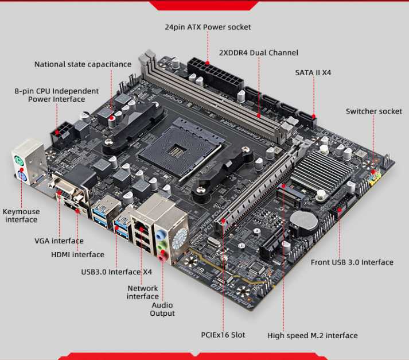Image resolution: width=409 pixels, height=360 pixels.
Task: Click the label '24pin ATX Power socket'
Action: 208,27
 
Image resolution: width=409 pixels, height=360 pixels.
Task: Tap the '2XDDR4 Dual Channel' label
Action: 259,53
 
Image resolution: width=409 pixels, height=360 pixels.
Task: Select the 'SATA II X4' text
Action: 313,73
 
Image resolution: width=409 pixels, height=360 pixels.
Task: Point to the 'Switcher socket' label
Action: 373,111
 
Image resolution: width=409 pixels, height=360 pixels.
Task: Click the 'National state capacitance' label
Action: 83,64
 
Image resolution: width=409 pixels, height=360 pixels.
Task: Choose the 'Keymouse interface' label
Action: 21,215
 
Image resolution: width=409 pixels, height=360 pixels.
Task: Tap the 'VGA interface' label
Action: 59,241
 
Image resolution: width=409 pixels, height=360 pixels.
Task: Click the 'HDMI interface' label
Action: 77,254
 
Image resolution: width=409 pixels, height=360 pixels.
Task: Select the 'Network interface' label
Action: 143,292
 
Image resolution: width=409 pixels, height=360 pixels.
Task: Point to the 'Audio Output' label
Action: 162,309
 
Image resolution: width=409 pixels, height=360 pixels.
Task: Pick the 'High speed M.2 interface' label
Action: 312,335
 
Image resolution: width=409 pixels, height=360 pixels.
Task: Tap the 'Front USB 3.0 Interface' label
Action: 352,262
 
